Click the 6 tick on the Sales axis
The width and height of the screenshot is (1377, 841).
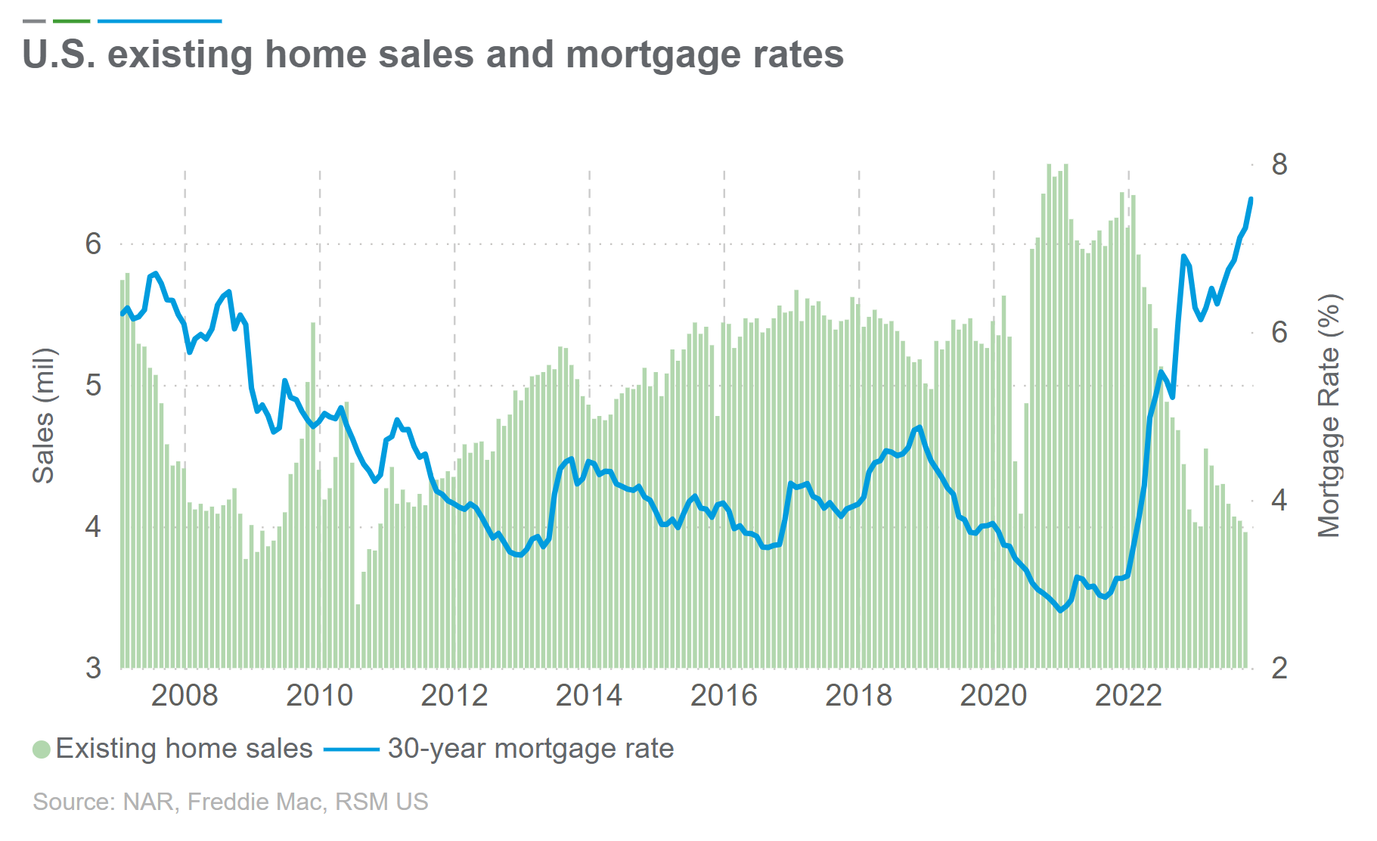93,244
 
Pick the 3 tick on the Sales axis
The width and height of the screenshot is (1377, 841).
93,669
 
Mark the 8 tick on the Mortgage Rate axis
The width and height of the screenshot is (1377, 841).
1279,164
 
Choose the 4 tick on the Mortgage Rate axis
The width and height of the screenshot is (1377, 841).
1279,501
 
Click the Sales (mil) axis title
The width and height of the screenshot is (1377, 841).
43,415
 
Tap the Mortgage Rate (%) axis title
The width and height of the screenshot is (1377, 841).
1329,415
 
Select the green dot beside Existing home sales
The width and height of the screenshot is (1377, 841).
42,749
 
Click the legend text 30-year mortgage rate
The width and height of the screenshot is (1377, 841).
530,749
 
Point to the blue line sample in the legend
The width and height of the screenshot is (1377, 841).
352,749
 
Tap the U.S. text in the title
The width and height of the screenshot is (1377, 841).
59,54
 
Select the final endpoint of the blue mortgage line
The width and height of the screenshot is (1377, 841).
1251,199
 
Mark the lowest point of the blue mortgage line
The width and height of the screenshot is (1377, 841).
1060,610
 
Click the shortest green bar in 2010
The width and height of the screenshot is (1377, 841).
358,635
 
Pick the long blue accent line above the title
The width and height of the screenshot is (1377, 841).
160,21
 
